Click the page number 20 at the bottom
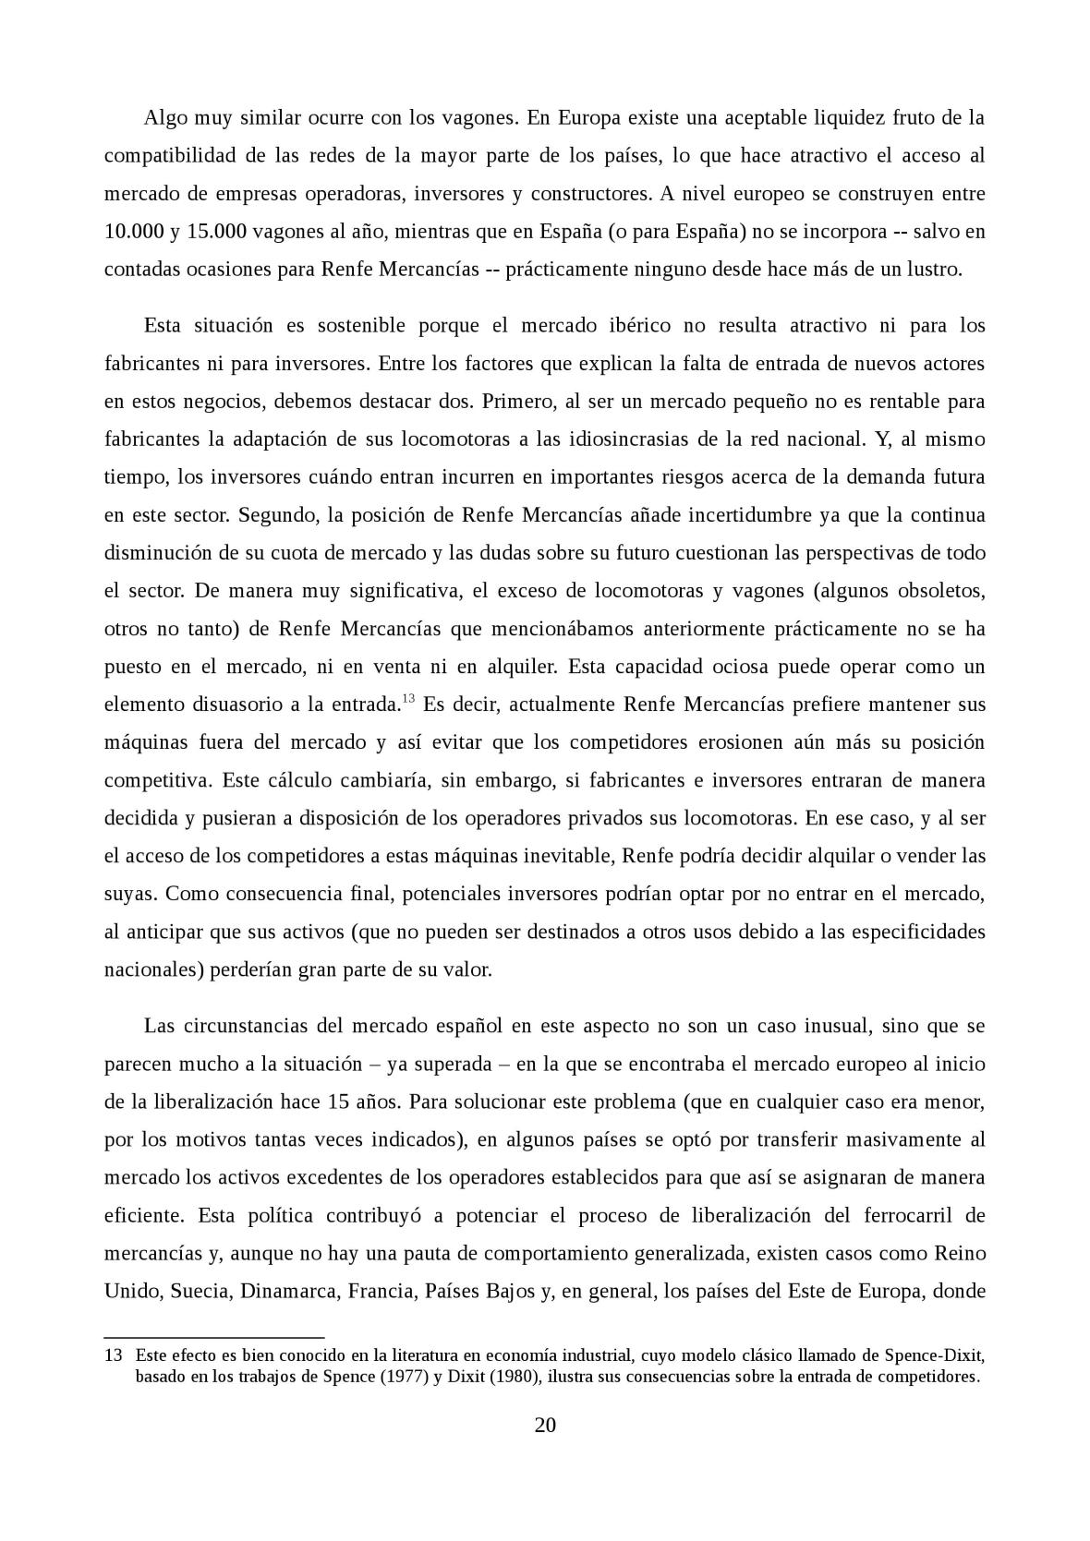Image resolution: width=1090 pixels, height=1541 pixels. click(x=545, y=1425)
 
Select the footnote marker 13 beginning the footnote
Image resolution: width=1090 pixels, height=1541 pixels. click(x=114, y=1356)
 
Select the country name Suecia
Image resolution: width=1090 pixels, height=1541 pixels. click(x=199, y=1291)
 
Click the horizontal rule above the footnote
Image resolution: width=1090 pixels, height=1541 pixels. click(x=214, y=1336)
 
